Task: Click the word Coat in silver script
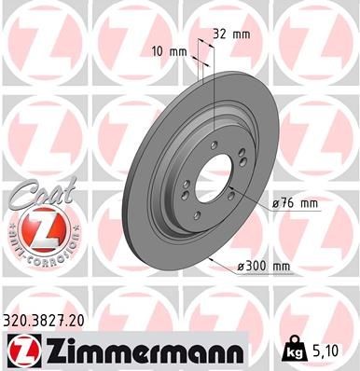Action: pos(37,194)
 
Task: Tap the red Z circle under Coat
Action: pos(38,230)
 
